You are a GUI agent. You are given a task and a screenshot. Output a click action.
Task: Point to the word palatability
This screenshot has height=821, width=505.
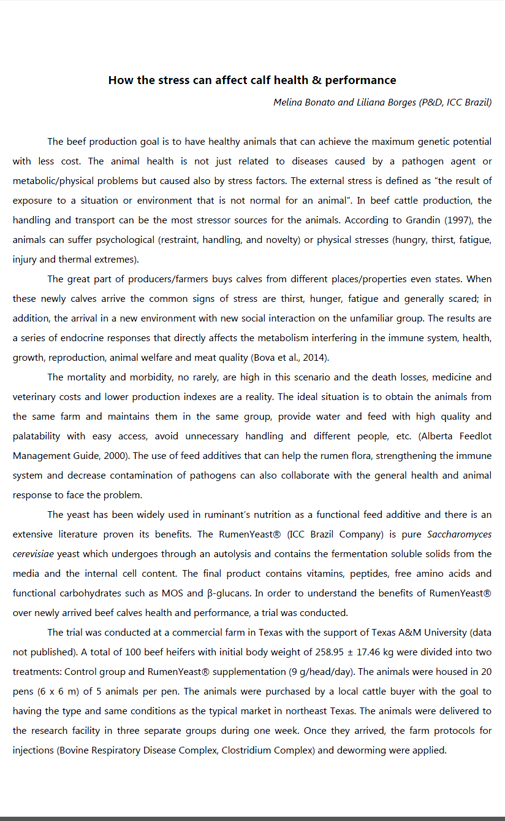[37, 436]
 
